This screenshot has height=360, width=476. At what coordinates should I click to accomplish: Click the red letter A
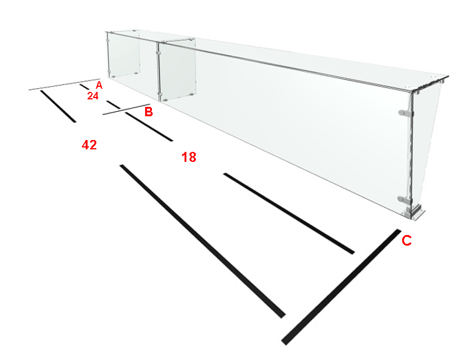(x=99, y=85)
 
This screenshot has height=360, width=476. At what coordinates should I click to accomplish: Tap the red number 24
(x=93, y=96)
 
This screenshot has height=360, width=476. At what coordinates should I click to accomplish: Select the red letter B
(x=148, y=112)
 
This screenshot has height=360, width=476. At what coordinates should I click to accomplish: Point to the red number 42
(x=89, y=145)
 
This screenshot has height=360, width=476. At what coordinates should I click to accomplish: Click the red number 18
(x=189, y=157)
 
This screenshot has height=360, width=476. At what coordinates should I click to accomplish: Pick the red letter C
(x=407, y=241)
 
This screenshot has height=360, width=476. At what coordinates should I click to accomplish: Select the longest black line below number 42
(x=203, y=241)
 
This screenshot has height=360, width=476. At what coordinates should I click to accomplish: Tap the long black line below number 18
(x=289, y=213)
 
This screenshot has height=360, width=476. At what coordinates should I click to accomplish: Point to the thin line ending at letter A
(x=64, y=84)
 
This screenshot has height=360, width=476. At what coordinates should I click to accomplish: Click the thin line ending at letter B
(x=126, y=109)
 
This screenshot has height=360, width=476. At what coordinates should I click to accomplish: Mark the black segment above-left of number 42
(x=58, y=106)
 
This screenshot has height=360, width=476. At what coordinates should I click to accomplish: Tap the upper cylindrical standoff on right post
(x=405, y=113)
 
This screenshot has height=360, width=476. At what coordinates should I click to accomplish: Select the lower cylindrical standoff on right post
(x=404, y=199)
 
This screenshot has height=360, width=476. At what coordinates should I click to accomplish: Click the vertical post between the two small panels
(x=158, y=72)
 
